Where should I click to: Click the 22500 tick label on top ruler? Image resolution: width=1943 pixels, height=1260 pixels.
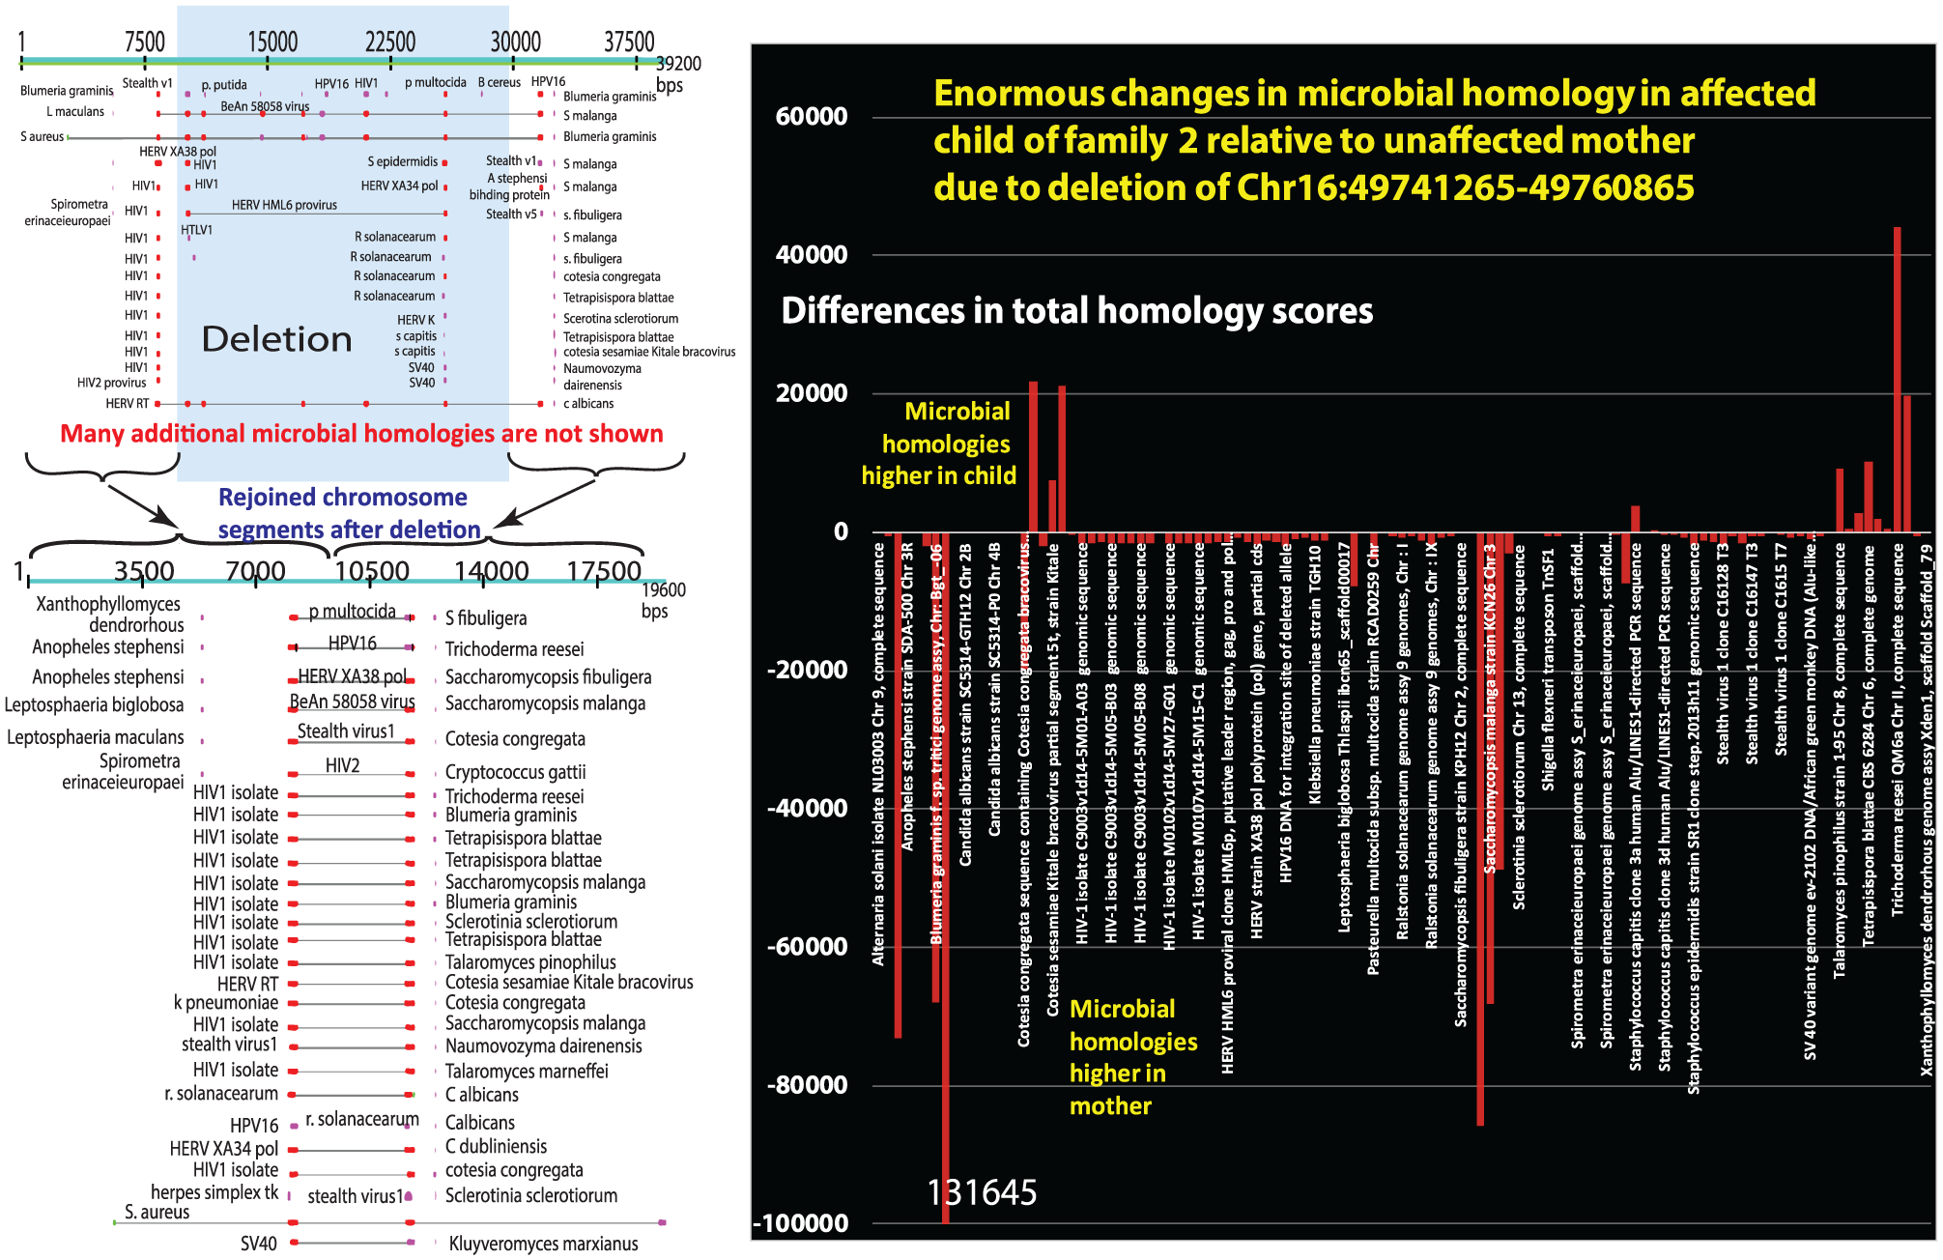pos(390,42)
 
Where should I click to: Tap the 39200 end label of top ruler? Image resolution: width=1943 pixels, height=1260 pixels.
pos(678,64)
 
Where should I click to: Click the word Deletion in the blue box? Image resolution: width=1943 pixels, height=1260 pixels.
pos(277,339)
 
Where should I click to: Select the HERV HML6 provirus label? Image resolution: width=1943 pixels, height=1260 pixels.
pos(284,205)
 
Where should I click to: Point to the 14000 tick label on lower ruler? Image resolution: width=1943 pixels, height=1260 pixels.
pos(491,571)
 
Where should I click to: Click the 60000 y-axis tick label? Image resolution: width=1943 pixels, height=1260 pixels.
pos(812,117)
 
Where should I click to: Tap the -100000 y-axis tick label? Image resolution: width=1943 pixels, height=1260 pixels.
pos(802,1223)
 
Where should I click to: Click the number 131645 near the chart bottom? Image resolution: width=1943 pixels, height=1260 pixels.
pos(982,1192)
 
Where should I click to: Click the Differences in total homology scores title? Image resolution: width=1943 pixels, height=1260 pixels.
pos(1076,311)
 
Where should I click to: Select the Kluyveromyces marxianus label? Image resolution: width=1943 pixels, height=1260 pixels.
pos(543,1244)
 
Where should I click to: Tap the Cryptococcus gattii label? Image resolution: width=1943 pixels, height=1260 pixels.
pos(515,772)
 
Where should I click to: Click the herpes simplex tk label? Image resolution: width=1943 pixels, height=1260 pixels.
pos(214,1192)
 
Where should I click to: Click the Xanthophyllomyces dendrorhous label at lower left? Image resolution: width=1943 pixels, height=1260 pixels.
pos(108,615)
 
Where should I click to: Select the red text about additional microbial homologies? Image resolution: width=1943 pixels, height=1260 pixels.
pos(361,434)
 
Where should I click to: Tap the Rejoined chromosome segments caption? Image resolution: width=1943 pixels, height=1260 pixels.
pos(348,513)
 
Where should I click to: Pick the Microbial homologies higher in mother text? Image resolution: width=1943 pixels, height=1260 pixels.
pos(1132,1057)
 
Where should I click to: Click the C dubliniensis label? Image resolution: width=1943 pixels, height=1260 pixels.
pos(496,1147)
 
